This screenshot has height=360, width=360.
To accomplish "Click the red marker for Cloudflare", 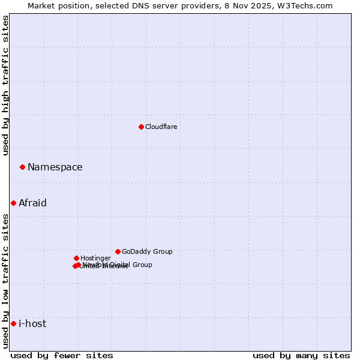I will [141, 127].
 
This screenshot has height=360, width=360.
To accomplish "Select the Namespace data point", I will [22, 167].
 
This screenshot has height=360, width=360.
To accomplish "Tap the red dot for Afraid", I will [13, 203].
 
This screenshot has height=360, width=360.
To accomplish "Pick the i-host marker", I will [13, 323].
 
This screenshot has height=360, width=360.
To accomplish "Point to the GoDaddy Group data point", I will [118, 251].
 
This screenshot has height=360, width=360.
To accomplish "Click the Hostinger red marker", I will [76, 258].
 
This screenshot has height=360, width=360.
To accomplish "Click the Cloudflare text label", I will [161, 127].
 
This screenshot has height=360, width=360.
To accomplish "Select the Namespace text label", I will [55, 167].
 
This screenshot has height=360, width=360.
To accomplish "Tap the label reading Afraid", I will [32, 203].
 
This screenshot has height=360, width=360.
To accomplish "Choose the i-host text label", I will [32, 323].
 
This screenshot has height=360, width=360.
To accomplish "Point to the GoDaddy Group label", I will [147, 251].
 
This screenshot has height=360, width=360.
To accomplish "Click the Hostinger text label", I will [95, 258].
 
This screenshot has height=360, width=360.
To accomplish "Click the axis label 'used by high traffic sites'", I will [5, 85].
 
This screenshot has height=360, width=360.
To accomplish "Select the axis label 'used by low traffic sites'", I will [5, 280].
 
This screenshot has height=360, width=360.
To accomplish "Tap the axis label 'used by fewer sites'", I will [62, 355].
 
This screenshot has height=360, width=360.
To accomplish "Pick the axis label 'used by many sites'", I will [301, 355].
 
